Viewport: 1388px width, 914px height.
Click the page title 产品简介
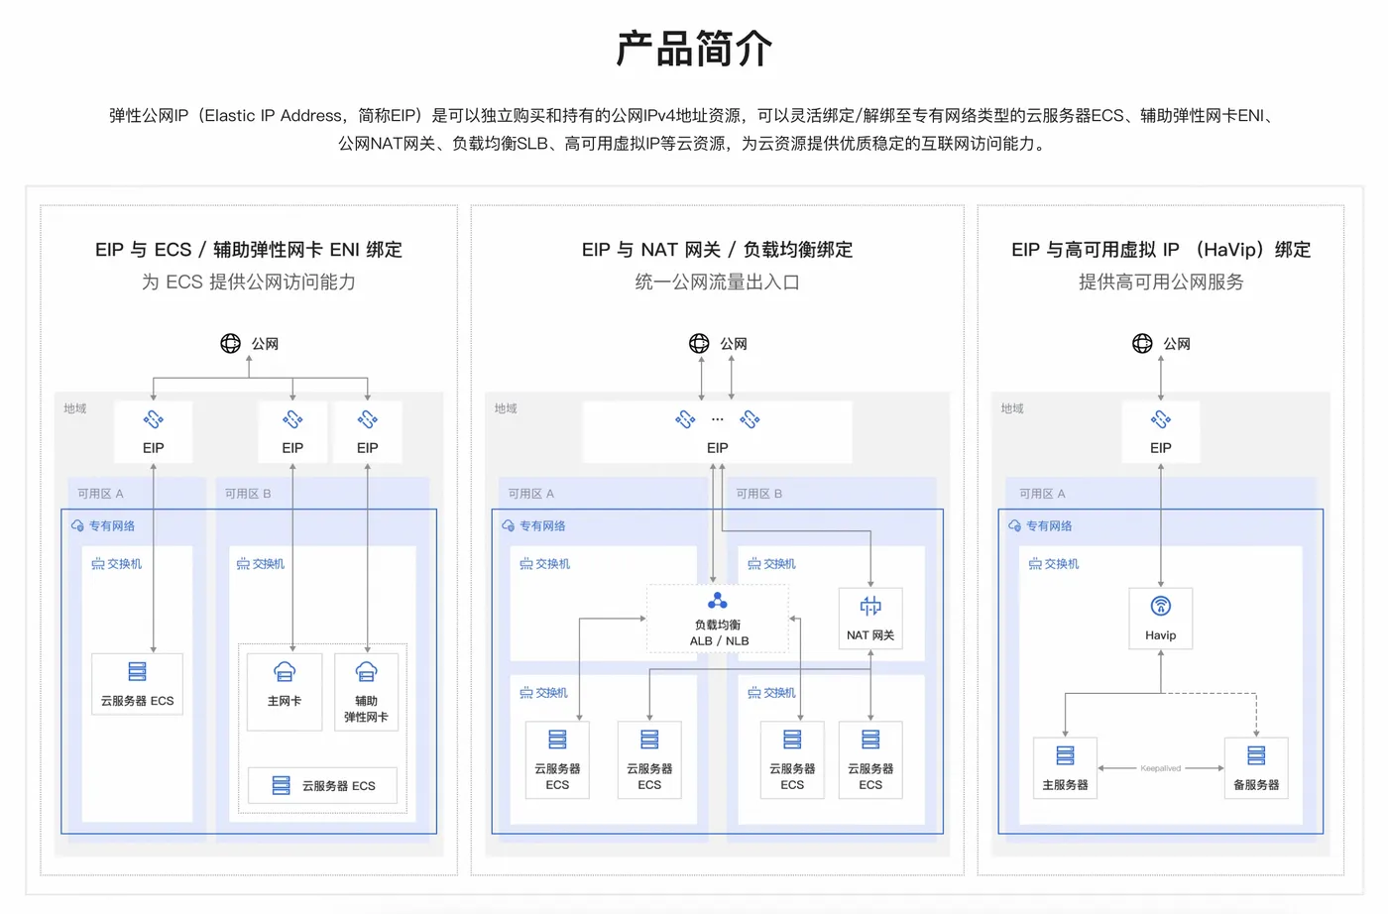coord(694,49)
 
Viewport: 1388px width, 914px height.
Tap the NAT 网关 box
coord(869,619)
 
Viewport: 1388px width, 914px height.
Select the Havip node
coord(1160,619)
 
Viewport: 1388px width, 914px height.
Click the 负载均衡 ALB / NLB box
coord(717,619)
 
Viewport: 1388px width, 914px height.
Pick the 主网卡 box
coord(285,690)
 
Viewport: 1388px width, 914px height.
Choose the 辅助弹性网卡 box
coord(366,690)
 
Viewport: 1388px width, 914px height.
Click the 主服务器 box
coord(1065,767)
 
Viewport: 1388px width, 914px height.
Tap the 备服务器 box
coord(1255,767)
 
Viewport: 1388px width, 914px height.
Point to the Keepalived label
coord(1160,768)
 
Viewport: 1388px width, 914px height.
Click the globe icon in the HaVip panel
coord(1142,343)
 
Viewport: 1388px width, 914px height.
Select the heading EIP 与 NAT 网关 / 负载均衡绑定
coord(717,250)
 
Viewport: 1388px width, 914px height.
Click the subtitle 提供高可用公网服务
coord(1160,283)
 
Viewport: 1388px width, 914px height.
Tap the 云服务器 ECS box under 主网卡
coord(322,785)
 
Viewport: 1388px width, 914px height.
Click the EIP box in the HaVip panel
coord(1160,432)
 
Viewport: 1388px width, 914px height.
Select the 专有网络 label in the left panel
coord(111,526)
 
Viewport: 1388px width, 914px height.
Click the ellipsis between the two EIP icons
coord(717,419)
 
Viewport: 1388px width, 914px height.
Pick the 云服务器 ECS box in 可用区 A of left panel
coord(137,683)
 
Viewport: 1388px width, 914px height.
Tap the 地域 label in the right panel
coord(1011,408)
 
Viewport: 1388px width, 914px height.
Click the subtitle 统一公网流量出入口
coord(717,283)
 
